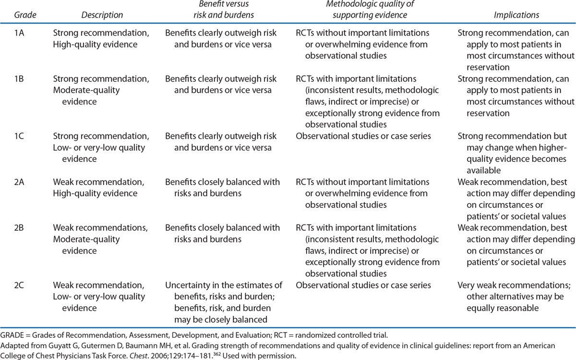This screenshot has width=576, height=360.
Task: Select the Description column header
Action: pos(102,15)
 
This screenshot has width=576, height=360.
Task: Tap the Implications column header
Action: pos(516,15)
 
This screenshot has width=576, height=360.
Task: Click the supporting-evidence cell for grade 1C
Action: pos(363,136)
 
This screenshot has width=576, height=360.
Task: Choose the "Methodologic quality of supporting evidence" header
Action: pos(364,10)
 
